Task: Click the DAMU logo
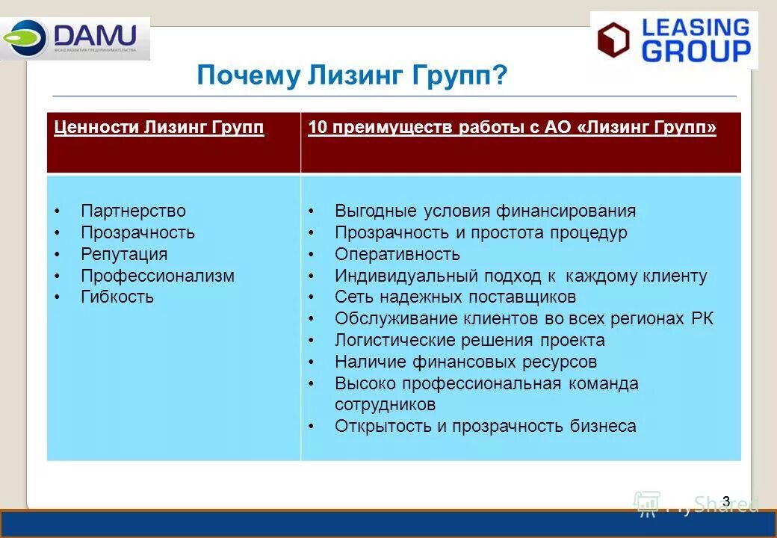point(75,38)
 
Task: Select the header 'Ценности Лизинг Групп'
point(159,128)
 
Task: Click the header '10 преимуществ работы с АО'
point(512,128)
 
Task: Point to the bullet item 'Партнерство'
point(133,211)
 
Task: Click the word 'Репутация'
point(124,254)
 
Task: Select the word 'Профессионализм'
point(158,276)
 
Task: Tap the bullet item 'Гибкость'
point(117,297)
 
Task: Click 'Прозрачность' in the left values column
point(137,232)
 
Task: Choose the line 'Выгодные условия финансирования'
point(485,211)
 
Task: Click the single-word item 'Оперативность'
point(397,254)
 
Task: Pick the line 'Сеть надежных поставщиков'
point(455,297)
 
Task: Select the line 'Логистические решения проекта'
point(469,341)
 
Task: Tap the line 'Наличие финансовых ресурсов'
point(465,362)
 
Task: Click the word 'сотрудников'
point(385,405)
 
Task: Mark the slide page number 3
point(725,501)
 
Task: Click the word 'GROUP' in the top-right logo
point(696,51)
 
